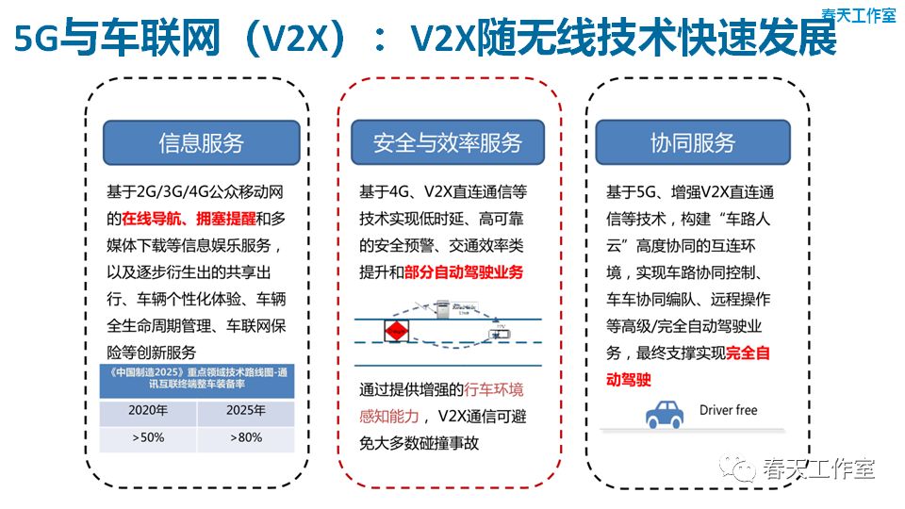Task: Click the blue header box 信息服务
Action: click(x=201, y=143)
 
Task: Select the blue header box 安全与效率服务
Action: click(x=447, y=143)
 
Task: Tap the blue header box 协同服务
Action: click(x=693, y=143)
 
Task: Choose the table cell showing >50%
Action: click(x=149, y=438)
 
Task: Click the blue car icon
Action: click(x=666, y=414)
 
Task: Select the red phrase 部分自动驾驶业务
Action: click(x=464, y=272)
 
